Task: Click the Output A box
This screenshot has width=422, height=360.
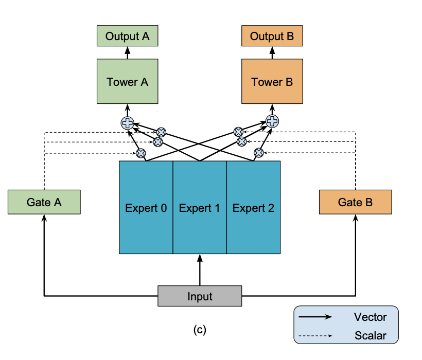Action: click(x=127, y=37)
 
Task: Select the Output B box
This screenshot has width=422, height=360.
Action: click(x=272, y=37)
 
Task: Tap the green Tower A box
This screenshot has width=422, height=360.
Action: click(x=127, y=82)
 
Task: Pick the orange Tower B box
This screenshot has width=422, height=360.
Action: click(x=272, y=82)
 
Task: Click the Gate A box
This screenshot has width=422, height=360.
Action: click(x=44, y=202)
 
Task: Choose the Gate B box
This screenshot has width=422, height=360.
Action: click(x=355, y=202)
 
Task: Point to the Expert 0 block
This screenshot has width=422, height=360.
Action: click(x=146, y=208)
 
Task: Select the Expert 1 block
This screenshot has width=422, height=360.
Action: click(x=199, y=208)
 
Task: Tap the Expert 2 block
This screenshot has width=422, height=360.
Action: click(x=253, y=208)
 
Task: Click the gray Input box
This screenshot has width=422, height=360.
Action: click(x=199, y=296)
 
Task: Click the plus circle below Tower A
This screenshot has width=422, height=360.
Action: click(x=127, y=122)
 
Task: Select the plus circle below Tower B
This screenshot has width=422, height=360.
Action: click(x=272, y=121)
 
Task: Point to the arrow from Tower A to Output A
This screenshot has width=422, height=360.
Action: click(x=127, y=52)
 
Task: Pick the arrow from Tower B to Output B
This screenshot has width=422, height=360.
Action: click(x=272, y=52)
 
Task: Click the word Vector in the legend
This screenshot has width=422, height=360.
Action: click(x=370, y=317)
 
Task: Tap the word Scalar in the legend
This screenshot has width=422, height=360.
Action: click(x=370, y=336)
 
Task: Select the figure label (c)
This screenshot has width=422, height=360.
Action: click(x=199, y=330)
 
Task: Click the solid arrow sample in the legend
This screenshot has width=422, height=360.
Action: click(x=314, y=317)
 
